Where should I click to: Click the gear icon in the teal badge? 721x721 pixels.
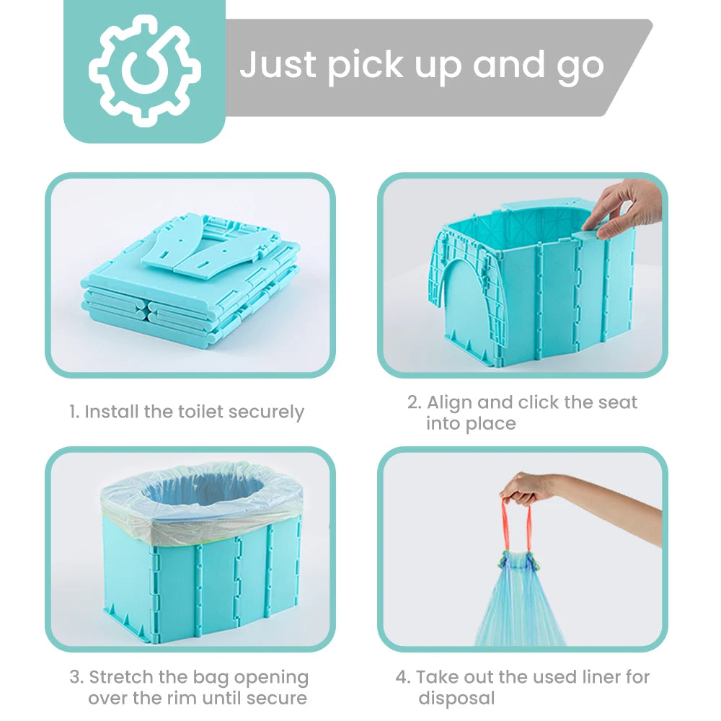tap(144, 71)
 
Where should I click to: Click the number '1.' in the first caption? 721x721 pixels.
tap(74, 412)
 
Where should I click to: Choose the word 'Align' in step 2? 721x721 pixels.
tap(453, 402)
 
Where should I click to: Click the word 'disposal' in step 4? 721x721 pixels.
tap(456, 698)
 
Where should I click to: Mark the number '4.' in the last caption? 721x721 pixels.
tap(402, 678)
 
